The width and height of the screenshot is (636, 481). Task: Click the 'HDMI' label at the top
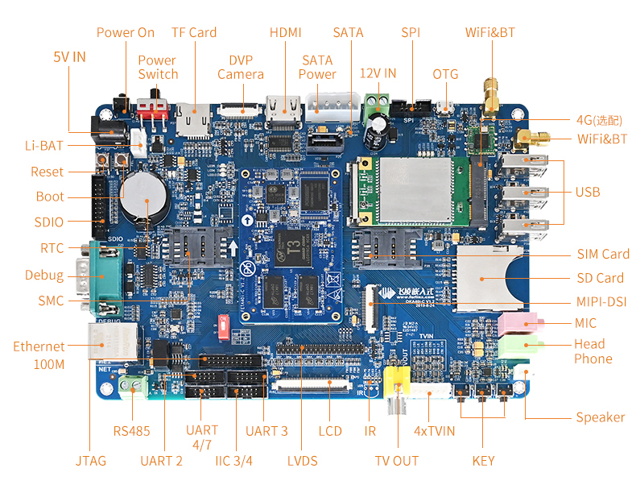point(285,32)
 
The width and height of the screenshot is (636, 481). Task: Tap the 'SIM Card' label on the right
point(603,254)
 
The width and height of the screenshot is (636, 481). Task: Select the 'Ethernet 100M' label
point(39,355)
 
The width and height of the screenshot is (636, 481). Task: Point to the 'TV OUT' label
point(397,461)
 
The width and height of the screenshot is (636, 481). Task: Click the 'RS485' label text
point(131,431)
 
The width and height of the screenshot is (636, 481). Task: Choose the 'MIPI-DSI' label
point(602,302)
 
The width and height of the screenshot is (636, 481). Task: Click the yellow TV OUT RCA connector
point(396,379)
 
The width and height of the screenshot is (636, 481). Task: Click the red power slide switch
point(155,106)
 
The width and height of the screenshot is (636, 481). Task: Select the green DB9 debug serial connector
point(102,277)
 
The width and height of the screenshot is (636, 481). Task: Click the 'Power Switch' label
point(158,67)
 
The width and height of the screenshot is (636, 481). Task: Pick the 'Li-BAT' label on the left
point(43,146)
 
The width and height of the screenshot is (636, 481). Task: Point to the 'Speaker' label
point(600,417)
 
